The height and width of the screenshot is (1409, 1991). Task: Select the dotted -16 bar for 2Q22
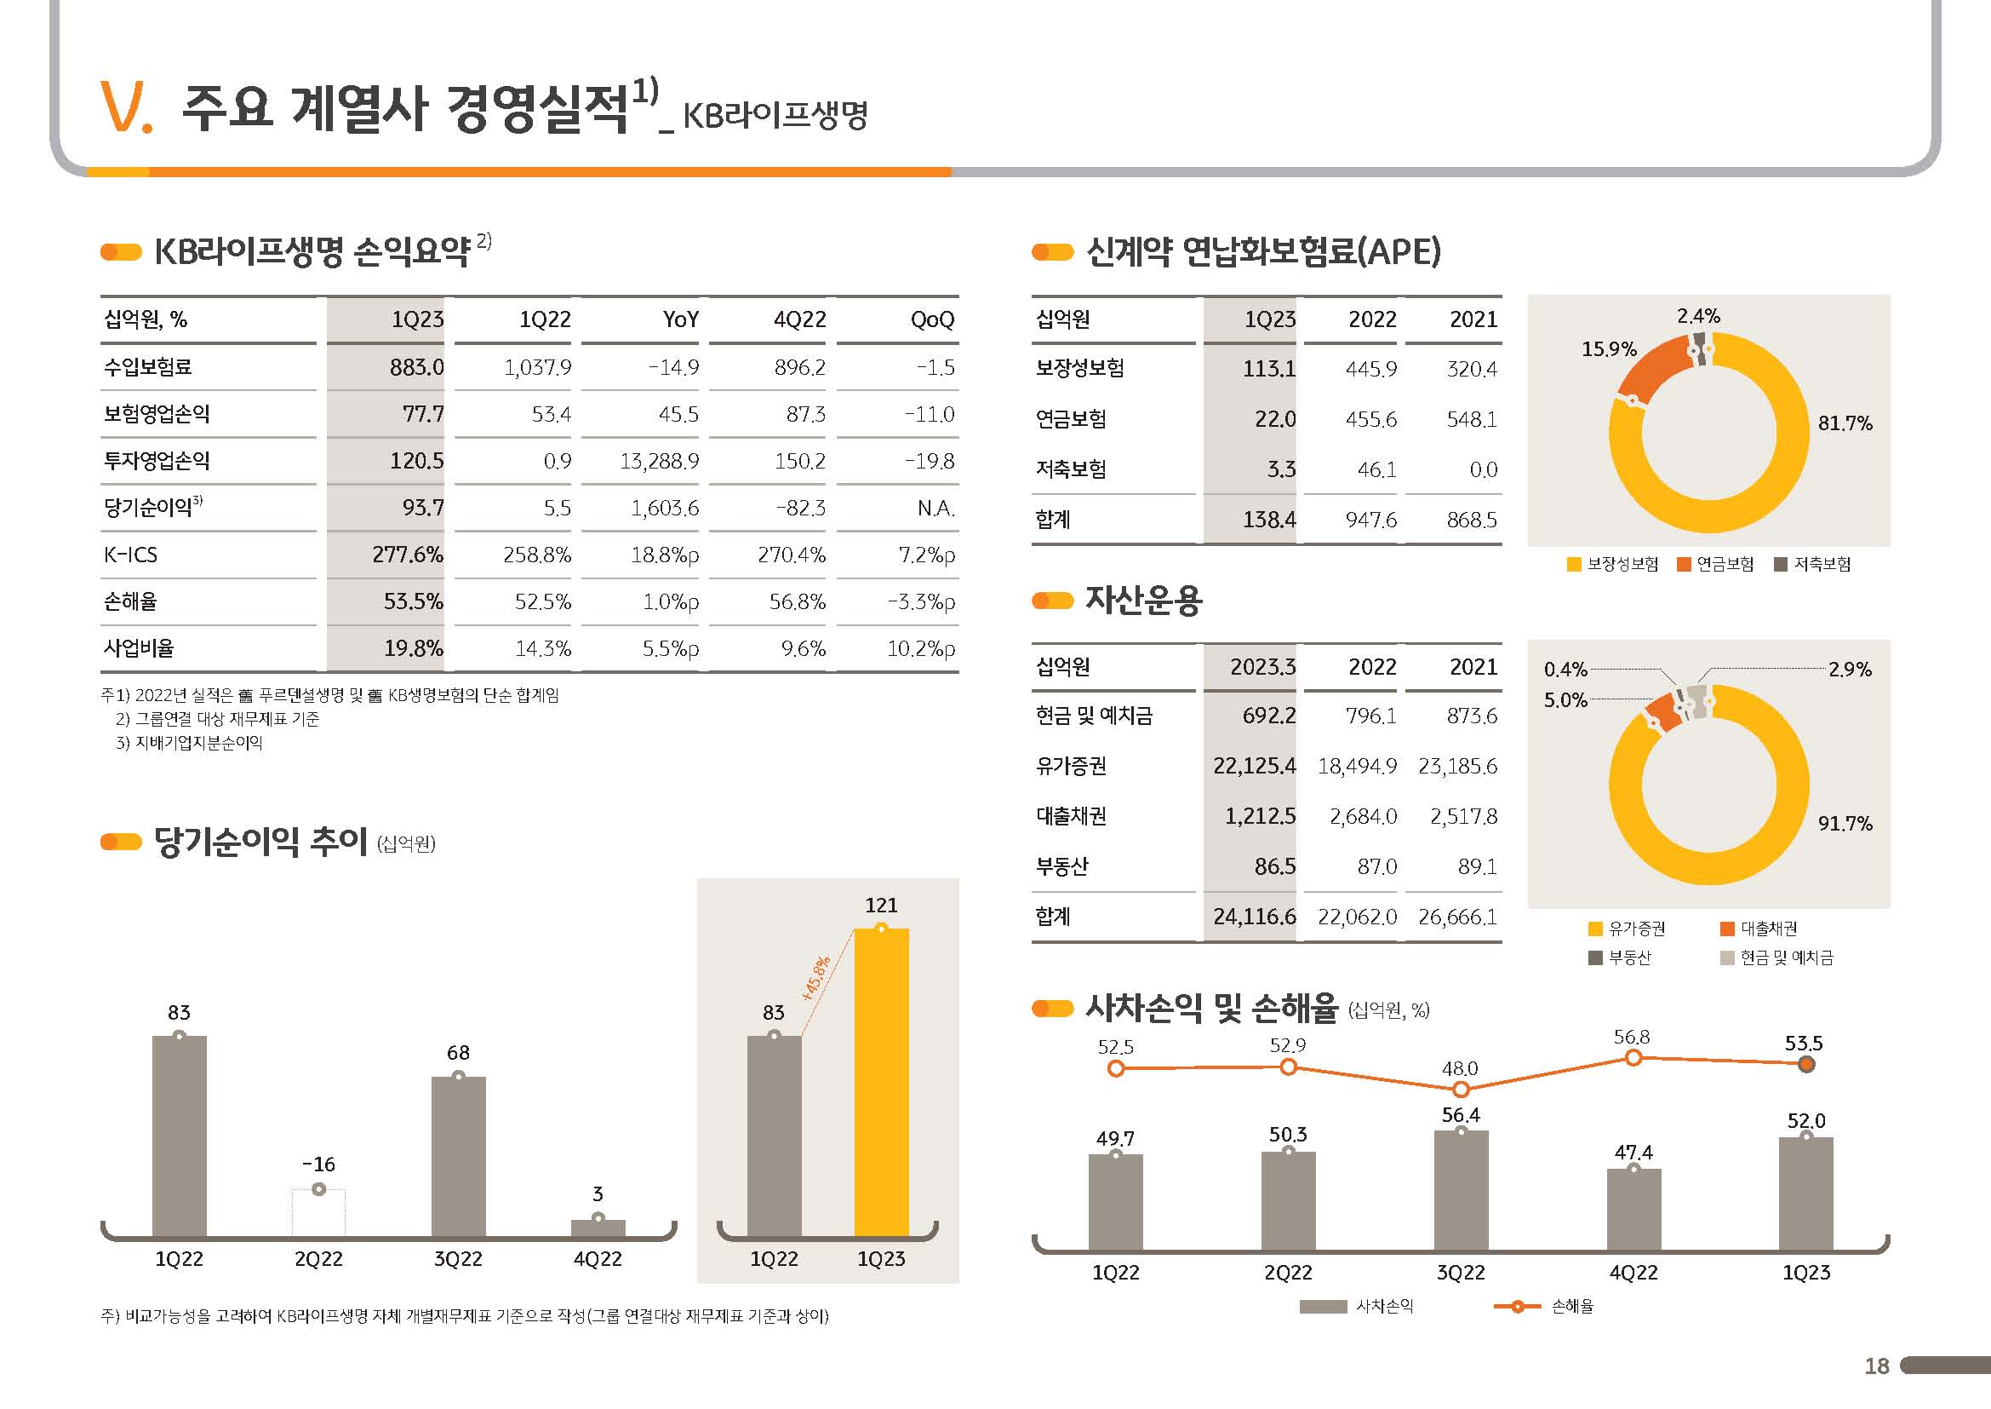tap(318, 1212)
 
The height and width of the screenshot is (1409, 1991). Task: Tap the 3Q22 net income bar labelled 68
tap(458, 1156)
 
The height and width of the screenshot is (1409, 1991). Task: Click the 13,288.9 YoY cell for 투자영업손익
tap(659, 461)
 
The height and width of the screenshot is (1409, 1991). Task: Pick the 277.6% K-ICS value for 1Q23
tap(408, 555)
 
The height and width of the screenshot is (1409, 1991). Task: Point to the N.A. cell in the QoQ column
tap(935, 508)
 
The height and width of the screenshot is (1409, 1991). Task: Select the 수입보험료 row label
tap(147, 367)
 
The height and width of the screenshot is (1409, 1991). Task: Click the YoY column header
tap(681, 319)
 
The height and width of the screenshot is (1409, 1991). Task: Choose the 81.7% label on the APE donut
tap(1845, 423)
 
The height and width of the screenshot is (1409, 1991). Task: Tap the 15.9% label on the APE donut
tap(1609, 348)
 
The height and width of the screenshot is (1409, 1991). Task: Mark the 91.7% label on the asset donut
tap(1845, 824)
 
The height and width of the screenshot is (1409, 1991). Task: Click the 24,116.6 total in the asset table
tap(1254, 917)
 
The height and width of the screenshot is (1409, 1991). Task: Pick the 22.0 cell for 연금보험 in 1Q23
tap(1275, 419)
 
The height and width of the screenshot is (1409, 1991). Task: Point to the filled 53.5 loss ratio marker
tap(1806, 1065)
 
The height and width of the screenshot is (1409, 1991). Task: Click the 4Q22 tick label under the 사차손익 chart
tap(1633, 1273)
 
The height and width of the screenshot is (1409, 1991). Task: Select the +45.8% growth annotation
tap(816, 979)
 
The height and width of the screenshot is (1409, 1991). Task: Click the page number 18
tap(1877, 1366)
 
